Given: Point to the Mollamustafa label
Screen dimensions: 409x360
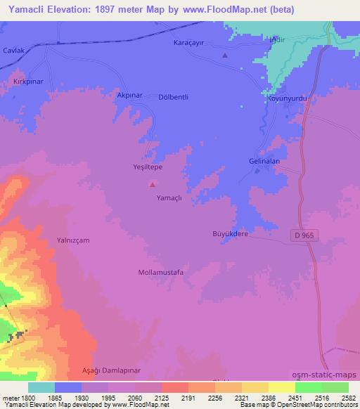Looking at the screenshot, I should tap(161, 271).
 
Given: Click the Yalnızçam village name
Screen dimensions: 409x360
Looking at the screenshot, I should tap(73, 240).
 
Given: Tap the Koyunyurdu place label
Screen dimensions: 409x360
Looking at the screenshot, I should tap(287, 100).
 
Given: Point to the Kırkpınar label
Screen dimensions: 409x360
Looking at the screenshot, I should tap(28, 82).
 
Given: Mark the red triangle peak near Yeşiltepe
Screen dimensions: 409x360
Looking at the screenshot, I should tap(152, 185).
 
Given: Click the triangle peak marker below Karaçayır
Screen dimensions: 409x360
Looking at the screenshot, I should tap(225, 56).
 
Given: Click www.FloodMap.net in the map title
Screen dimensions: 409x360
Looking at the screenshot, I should tap(219, 9).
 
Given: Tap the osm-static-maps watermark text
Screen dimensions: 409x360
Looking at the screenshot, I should tap(326, 375).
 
